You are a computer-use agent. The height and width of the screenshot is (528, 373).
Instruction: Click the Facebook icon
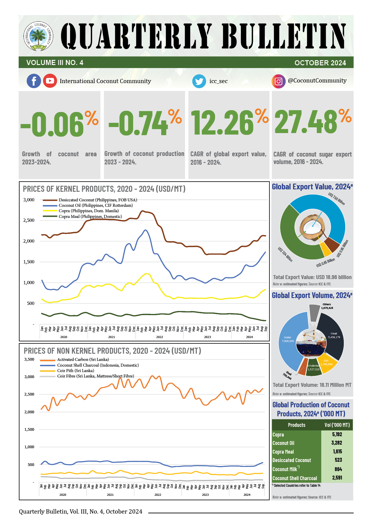34,81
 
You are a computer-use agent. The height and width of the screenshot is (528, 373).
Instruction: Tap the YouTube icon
50,81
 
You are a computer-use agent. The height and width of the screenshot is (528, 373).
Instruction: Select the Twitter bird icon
199,81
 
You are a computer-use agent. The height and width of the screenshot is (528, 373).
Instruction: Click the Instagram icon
279,81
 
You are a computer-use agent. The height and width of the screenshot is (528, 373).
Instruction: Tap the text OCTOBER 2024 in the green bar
320,63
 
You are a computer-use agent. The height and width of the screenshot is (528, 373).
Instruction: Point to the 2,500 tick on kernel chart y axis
29,220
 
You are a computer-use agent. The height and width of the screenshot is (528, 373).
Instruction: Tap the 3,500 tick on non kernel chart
29,359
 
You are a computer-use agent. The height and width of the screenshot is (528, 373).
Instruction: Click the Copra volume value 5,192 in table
337,434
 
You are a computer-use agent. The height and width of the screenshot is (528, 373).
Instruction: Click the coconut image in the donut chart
313,227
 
